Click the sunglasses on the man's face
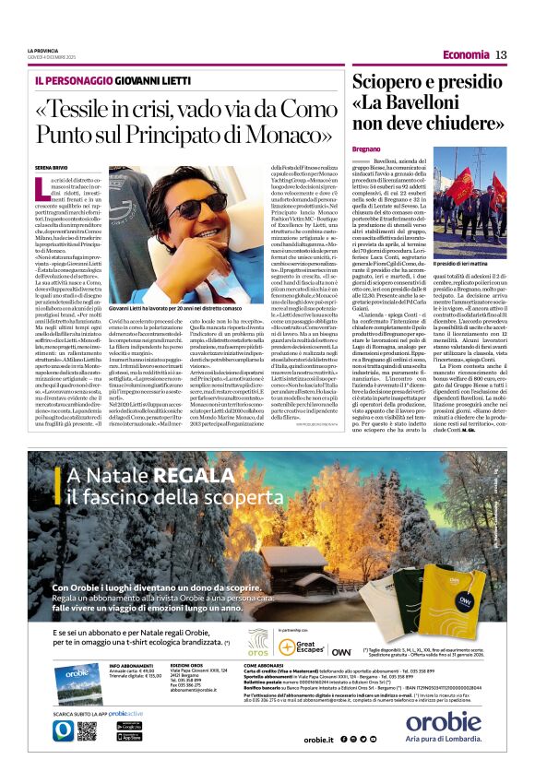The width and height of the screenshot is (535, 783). [205, 208]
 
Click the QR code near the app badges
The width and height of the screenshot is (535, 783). [88, 731]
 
